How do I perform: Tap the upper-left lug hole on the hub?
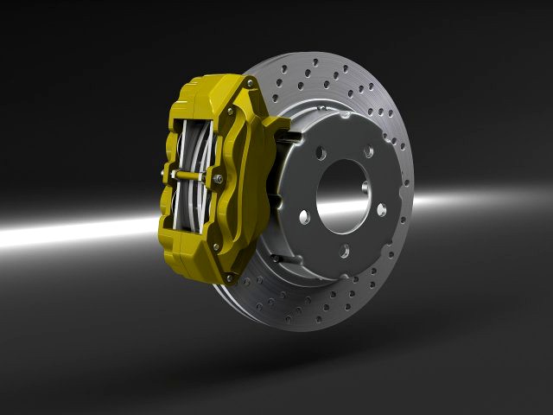tap(320, 152)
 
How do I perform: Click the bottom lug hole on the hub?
tap(344, 251)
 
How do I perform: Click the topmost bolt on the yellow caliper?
tap(251, 84)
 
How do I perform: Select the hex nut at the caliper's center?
tap(218, 179)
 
